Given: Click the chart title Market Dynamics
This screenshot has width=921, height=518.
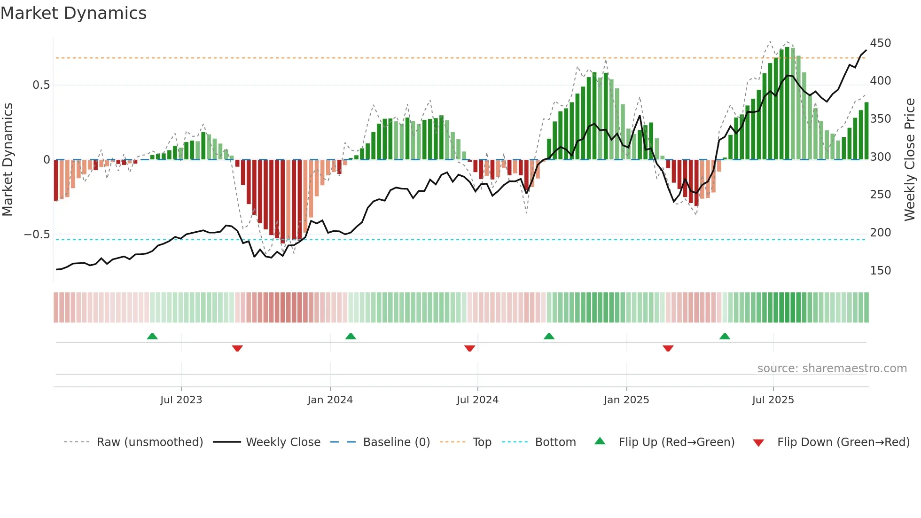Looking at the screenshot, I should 73,13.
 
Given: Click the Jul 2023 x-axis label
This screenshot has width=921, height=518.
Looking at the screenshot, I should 181,400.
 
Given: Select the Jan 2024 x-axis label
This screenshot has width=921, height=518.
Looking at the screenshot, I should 330,400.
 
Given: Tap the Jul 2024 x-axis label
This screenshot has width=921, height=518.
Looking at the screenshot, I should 477,400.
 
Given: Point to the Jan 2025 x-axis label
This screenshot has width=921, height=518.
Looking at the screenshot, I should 626,400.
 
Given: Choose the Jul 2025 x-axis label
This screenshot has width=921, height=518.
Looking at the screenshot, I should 773,400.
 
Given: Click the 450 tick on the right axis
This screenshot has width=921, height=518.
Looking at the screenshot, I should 880,43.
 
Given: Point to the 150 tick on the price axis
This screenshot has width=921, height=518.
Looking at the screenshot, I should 880,271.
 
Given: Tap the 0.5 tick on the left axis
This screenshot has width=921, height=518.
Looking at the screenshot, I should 41,85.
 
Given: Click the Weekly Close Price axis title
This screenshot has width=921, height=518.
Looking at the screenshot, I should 910,160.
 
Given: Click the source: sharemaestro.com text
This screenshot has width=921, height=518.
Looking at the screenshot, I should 832,369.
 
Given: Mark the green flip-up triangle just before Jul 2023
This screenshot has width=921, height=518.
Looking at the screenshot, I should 152,337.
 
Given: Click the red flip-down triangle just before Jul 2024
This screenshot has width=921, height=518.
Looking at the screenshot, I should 469,348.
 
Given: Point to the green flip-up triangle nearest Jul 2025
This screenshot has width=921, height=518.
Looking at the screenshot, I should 725,337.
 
